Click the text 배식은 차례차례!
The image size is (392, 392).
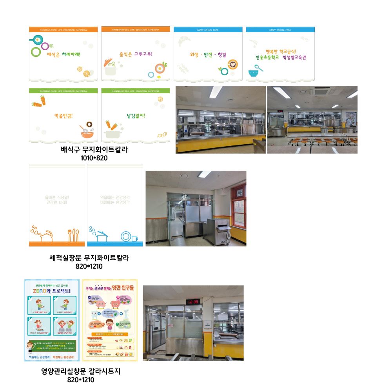click(x=64, y=54)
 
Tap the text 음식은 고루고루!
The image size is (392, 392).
click(x=136, y=54)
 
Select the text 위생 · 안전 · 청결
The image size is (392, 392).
click(x=208, y=55)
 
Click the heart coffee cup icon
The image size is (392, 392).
click(x=232, y=64)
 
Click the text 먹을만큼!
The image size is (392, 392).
click(x=64, y=116)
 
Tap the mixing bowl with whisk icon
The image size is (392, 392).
click(x=88, y=130)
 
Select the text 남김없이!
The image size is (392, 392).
click(x=136, y=116)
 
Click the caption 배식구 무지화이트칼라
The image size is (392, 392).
click(x=95, y=149)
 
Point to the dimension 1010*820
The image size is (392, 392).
click(x=94, y=158)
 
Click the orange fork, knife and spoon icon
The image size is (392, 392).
click(x=73, y=235)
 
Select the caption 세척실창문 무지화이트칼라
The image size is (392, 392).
click(x=89, y=258)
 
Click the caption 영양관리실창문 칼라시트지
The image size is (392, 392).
click(x=81, y=371)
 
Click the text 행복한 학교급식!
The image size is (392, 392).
click(x=281, y=51)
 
